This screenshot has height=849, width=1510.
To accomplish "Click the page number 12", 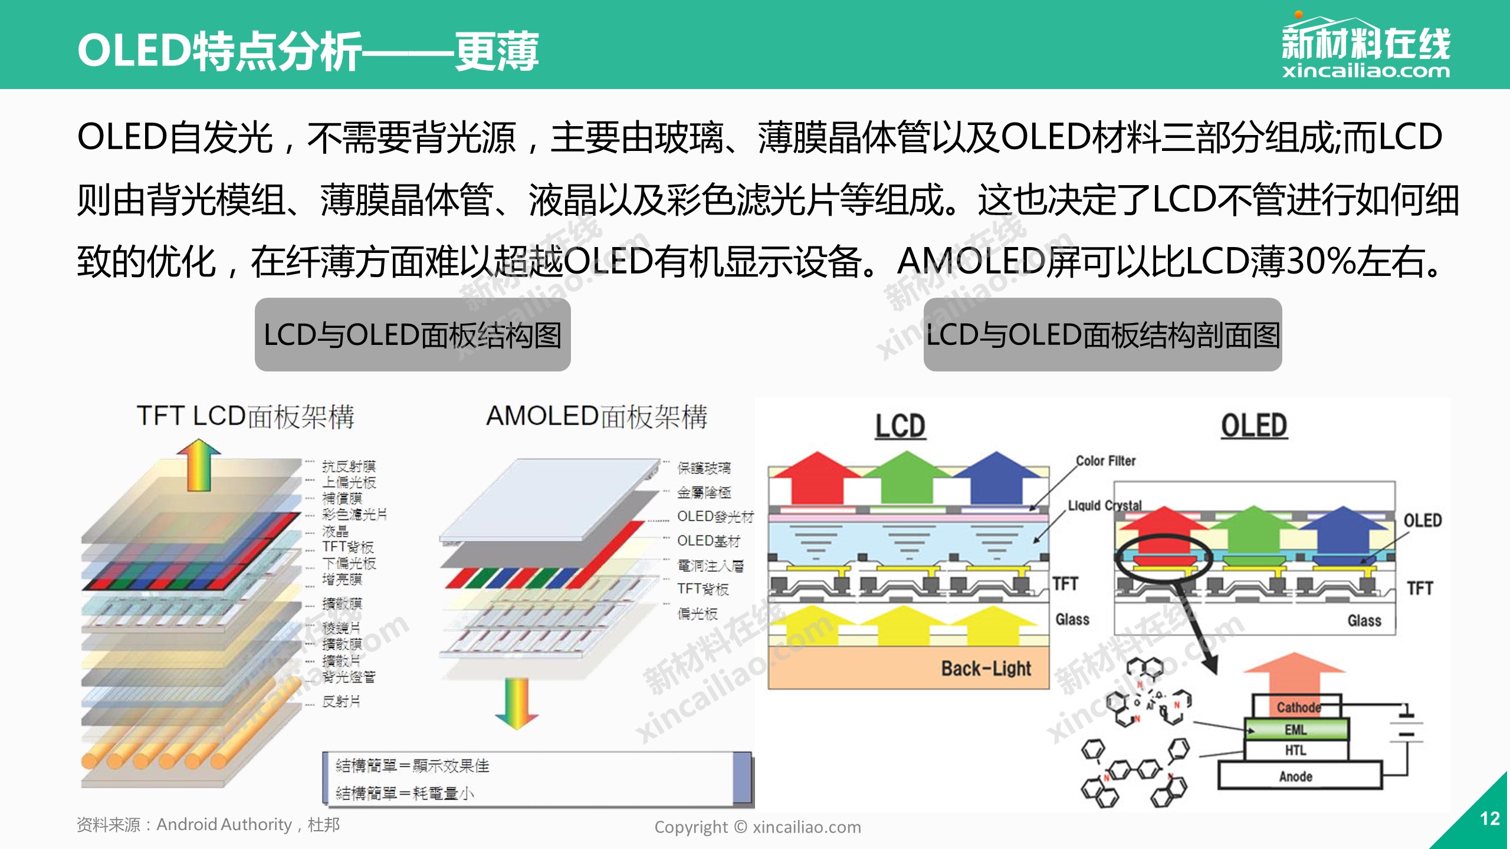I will (x=1489, y=818).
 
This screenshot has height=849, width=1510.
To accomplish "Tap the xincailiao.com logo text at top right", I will (x=1365, y=71).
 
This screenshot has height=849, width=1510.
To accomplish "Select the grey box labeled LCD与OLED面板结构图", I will (x=412, y=335).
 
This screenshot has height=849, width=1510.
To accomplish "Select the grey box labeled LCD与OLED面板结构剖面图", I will (x=1102, y=335).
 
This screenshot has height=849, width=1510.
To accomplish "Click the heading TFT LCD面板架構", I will (x=245, y=416).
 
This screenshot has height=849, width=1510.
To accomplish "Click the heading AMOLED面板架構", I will (x=596, y=416).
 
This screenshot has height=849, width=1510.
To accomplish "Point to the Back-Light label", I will (x=986, y=669).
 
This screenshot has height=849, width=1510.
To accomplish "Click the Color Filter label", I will (x=1105, y=461).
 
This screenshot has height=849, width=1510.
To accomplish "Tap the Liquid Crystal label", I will (x=1105, y=506).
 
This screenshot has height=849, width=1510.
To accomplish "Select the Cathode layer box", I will (x=1298, y=707).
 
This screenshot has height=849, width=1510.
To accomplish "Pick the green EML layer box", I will (x=1296, y=730).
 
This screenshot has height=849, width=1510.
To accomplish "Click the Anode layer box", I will (x=1296, y=776).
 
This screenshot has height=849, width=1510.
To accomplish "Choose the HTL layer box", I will (x=1296, y=751).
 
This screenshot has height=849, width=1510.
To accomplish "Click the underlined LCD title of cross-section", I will (x=900, y=426).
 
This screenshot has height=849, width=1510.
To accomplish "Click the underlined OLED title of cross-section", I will (x=1254, y=426).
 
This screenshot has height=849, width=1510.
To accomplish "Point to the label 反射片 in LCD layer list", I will (x=341, y=702).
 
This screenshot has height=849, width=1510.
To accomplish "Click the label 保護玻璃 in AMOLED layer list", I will (x=704, y=468).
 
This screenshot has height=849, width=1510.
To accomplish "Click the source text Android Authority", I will (x=224, y=824).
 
